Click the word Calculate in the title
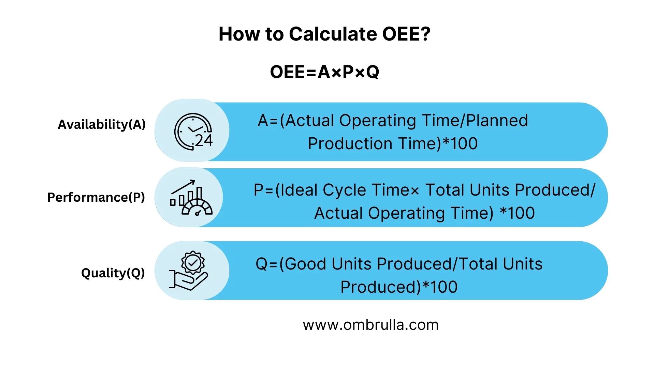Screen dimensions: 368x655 [333, 34]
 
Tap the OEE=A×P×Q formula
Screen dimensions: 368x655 [324, 72]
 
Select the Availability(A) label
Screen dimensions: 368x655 [102, 124]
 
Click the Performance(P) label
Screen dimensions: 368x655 [96, 197]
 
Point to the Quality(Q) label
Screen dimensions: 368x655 [113, 273]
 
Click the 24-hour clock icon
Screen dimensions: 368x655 [193, 132]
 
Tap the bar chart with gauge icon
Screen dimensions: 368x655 [191, 198]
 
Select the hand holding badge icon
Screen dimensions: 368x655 [189, 271]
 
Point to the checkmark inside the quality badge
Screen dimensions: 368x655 [193, 262]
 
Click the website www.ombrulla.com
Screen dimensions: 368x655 [370, 325]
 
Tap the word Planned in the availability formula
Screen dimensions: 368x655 [497, 121]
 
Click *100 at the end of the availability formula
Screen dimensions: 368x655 [460, 143]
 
